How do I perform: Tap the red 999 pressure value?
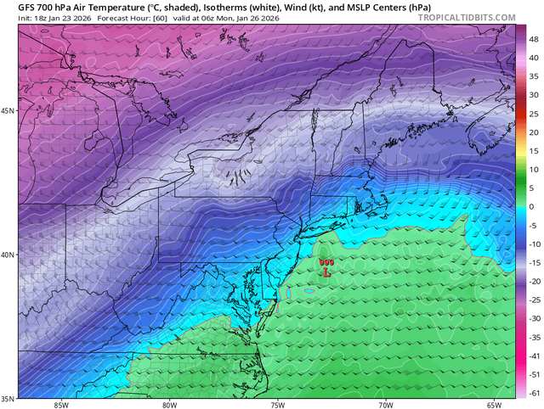coord(326,263)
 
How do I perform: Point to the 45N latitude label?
coord(8,111)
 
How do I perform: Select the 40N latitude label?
coord(8,255)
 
